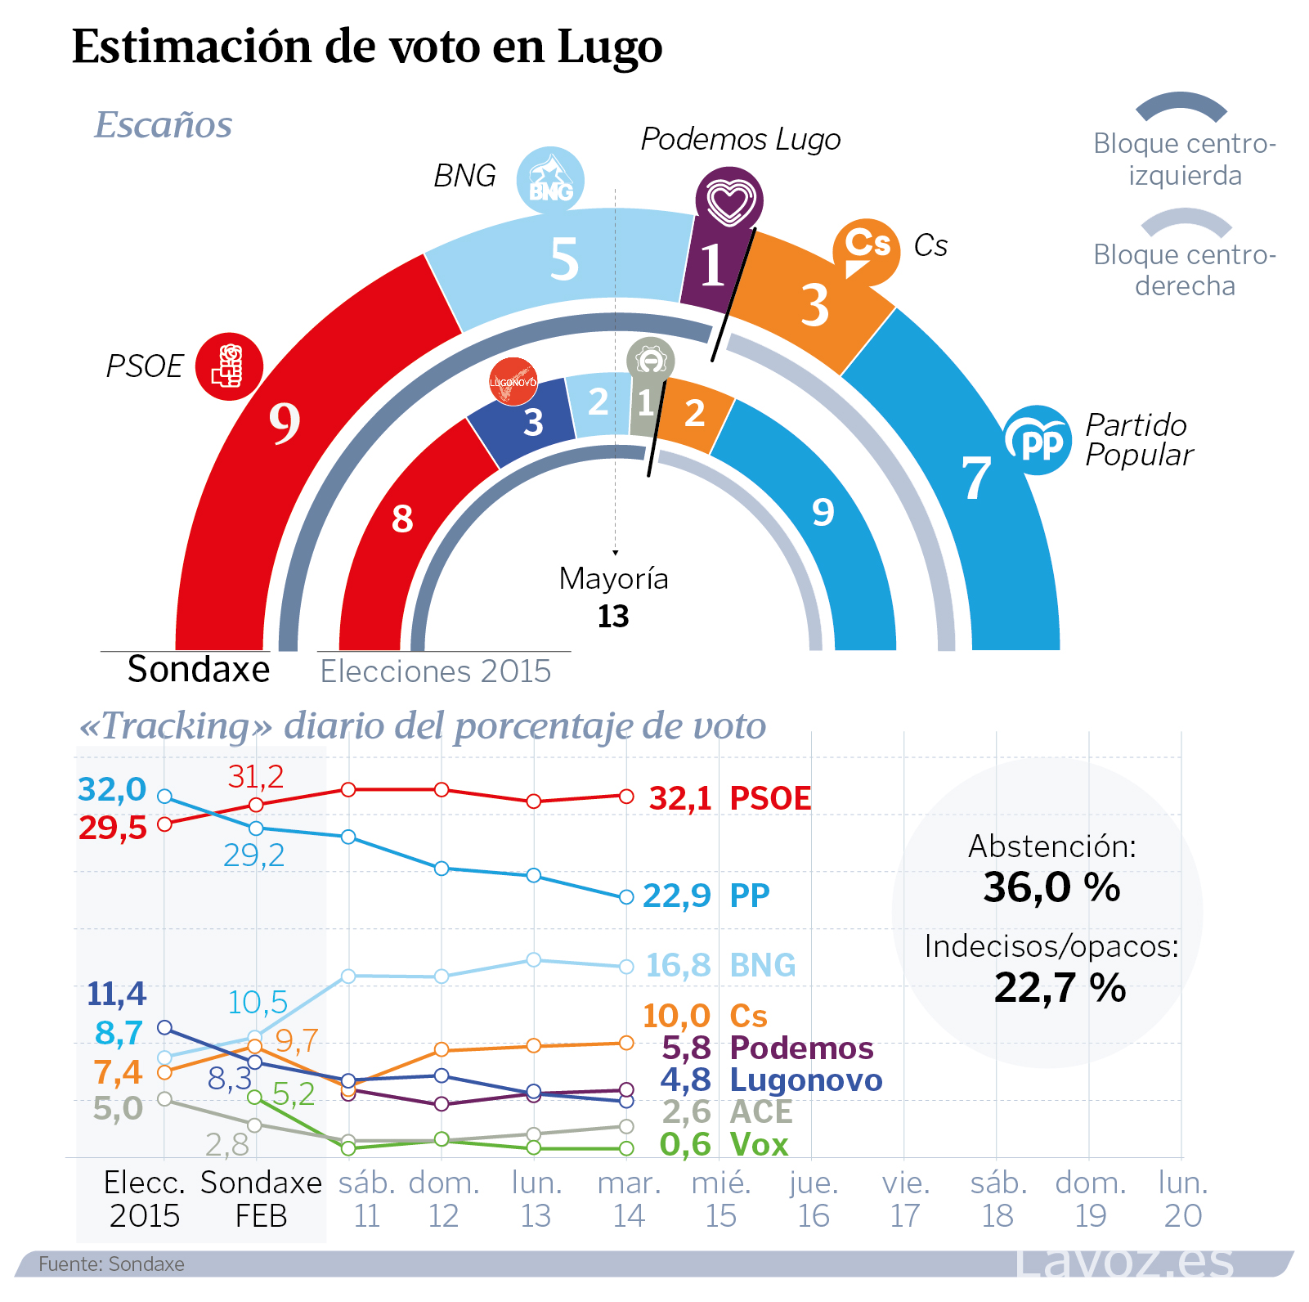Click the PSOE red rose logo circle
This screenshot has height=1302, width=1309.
coord(229,366)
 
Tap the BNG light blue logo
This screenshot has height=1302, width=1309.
coord(550,181)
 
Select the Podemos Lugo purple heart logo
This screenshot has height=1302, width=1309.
coord(729,200)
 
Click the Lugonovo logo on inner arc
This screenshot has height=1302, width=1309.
coord(513,381)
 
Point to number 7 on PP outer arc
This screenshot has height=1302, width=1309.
coord(975,478)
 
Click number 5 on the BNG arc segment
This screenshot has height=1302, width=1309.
coord(564,260)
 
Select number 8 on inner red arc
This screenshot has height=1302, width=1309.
coord(402,519)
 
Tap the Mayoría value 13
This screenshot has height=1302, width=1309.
coord(613,617)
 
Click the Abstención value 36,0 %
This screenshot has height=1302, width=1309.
coord(1051,887)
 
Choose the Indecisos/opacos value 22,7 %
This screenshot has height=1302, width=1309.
coord(1060,988)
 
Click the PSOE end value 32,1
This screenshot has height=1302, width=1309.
coord(680,799)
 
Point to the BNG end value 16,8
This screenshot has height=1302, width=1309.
coord(678,966)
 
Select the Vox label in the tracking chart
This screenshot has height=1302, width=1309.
coord(759,1145)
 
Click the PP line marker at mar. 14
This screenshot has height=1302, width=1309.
coord(626,897)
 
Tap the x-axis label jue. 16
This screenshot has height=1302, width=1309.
coord(814,1200)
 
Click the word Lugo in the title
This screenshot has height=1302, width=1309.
coord(610,47)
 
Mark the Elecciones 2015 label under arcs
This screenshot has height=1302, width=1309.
coord(436,671)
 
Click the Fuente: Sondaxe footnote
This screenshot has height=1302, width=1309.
coord(111,1264)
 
